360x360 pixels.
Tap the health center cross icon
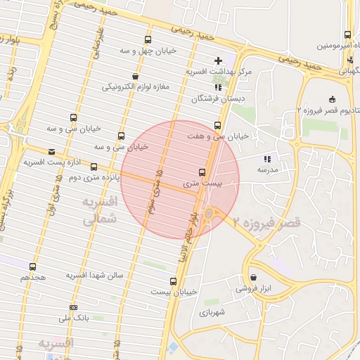(x=218, y=60)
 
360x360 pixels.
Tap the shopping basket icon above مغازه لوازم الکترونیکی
(x=135, y=76)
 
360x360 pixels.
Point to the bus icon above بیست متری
(x=202, y=172)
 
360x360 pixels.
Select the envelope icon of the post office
(x=51, y=151)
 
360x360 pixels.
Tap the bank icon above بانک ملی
(x=73, y=307)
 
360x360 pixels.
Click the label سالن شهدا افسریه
(x=96, y=275)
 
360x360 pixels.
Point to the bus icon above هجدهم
(x=33, y=266)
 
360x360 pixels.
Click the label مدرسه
(x=268, y=169)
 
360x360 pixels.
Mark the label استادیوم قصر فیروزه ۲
(x=328, y=110)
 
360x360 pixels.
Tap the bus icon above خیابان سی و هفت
(x=217, y=124)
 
